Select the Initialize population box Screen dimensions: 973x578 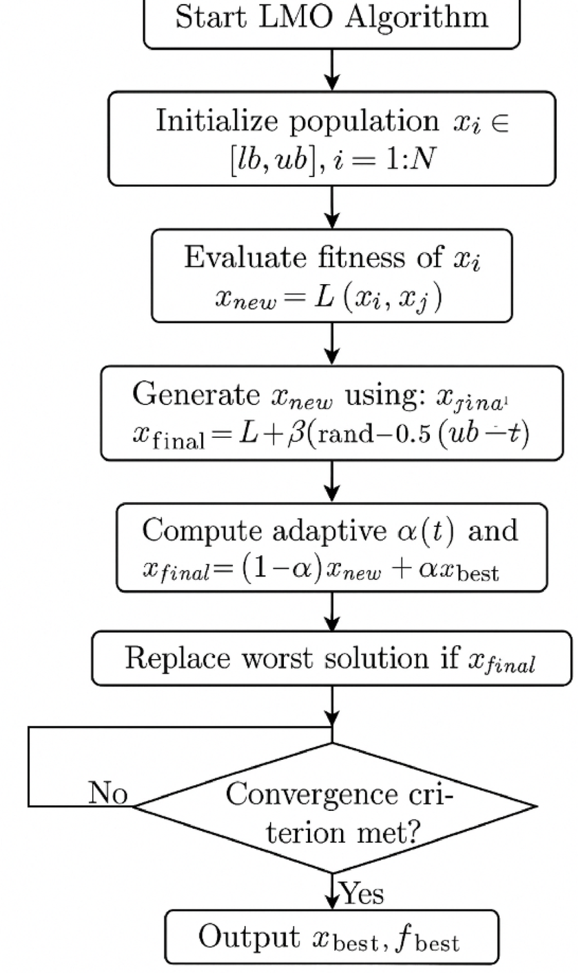[331, 139]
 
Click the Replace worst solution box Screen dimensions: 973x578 [331, 659]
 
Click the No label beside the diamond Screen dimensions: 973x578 [108, 794]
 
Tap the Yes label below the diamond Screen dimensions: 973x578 [362, 894]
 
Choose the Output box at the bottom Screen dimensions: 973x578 [331, 936]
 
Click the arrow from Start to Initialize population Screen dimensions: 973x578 [332, 70]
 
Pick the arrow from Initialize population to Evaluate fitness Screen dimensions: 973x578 [332, 208]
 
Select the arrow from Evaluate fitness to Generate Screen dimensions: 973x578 [332, 343]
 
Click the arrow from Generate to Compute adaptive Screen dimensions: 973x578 [332, 481]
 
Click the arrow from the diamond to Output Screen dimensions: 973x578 [332, 891]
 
